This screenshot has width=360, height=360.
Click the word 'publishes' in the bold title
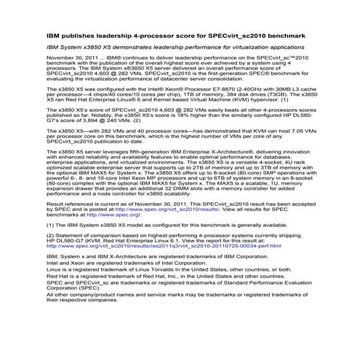tap(75, 34)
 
